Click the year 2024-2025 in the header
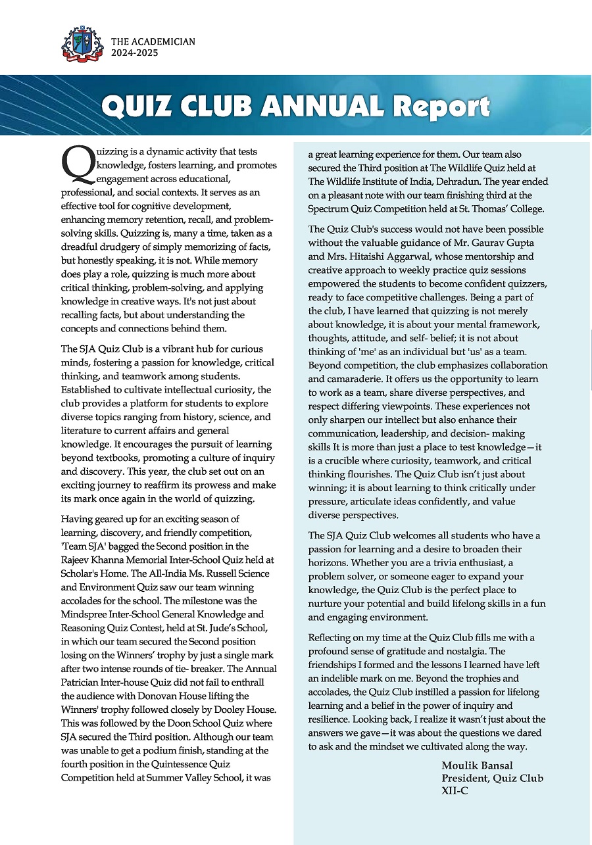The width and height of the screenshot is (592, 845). pos(135,53)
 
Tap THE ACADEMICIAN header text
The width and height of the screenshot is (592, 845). pos(153,41)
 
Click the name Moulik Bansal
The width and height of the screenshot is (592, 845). pos(477,765)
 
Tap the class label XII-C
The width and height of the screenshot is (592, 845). pos(455,791)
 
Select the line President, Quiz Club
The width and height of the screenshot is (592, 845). pos(492,779)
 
